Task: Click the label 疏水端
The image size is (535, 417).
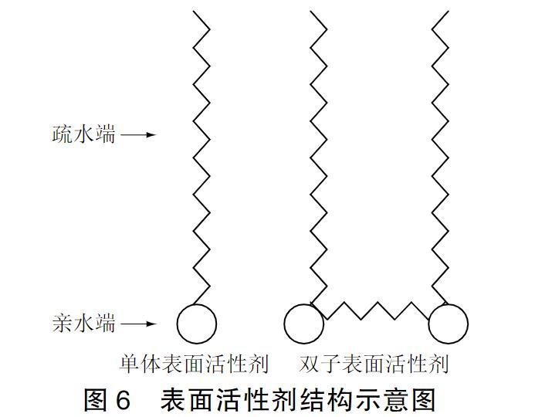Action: [x=83, y=134]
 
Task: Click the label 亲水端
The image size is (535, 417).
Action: [x=83, y=324]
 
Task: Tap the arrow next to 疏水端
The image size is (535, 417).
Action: [x=139, y=135]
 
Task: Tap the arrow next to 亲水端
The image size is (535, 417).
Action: [x=139, y=324]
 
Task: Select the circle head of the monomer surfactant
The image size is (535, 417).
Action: [x=196, y=324]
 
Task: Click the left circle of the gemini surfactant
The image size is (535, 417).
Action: [x=303, y=324]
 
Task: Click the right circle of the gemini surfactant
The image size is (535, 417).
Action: [x=448, y=324]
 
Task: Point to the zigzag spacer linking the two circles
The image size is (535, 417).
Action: [x=376, y=310]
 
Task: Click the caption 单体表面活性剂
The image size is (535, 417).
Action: [x=194, y=364]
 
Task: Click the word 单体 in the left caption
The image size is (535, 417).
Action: [x=140, y=364]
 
